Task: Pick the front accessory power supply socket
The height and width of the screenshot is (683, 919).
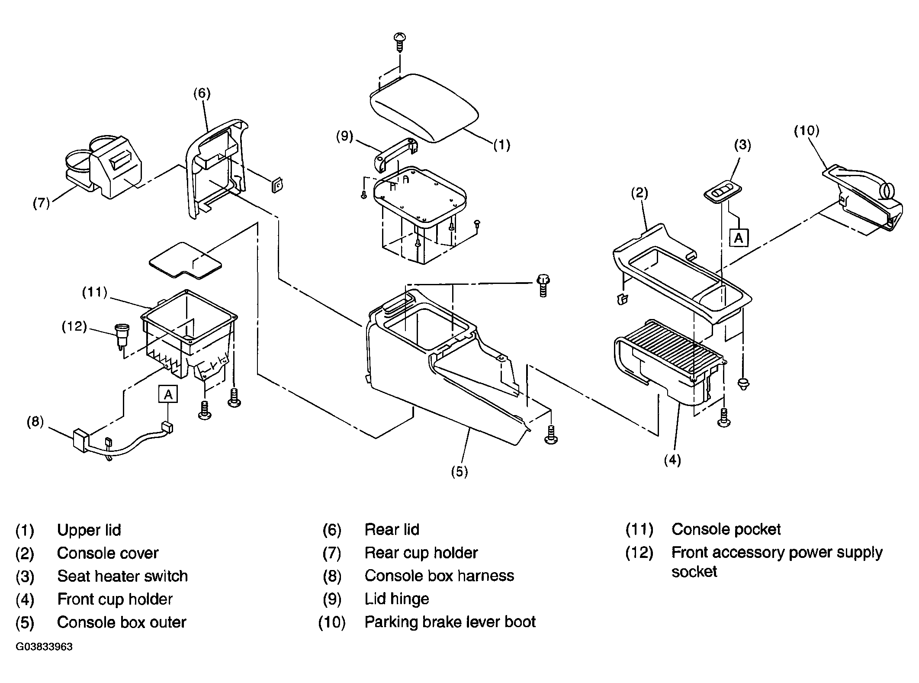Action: [120, 335]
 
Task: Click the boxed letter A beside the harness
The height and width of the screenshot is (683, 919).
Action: [168, 394]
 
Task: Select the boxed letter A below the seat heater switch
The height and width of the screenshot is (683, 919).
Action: [739, 238]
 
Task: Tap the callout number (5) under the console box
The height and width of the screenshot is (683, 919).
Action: [459, 471]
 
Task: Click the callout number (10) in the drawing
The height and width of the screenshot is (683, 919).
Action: [807, 131]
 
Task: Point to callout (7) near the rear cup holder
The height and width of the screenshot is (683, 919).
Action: [42, 203]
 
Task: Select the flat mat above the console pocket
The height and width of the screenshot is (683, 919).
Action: [185, 260]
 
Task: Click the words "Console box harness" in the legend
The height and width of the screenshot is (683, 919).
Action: [439, 576]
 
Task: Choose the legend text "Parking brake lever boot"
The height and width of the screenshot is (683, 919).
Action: [450, 622]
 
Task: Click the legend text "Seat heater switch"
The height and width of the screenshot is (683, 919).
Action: [122, 577]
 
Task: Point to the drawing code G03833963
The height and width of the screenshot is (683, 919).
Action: [44, 647]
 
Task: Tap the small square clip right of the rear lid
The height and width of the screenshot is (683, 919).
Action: [277, 185]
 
